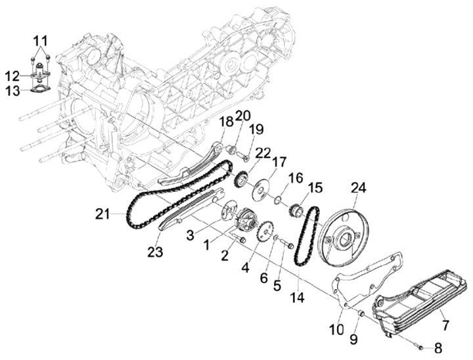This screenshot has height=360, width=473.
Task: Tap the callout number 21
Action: [x=101, y=214]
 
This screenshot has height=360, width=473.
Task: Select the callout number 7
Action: [x=445, y=325]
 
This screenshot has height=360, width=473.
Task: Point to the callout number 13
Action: [x=14, y=91]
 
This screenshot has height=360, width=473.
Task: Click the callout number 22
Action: [x=244, y=152]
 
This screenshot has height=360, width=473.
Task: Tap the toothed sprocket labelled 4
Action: [x=265, y=234]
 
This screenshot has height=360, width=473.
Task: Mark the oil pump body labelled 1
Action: [x=245, y=219]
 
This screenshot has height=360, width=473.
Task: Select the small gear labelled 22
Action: [x=240, y=178]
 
